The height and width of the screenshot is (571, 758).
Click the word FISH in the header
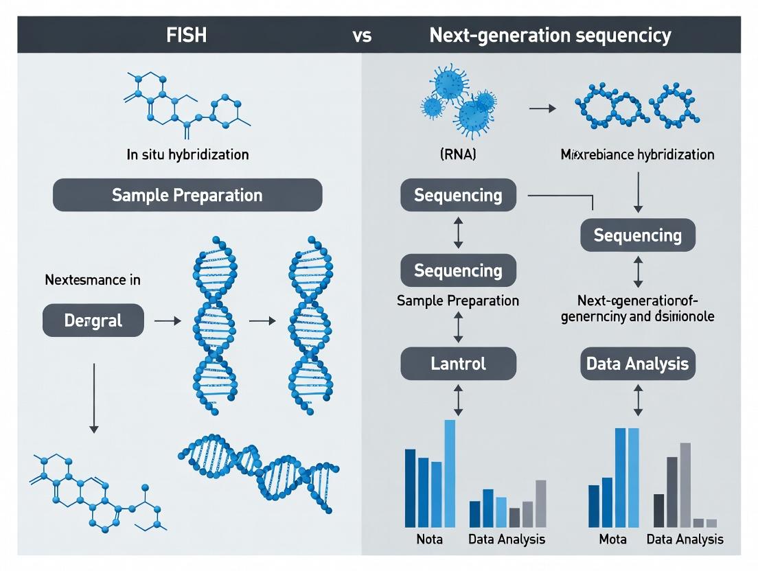[187, 35]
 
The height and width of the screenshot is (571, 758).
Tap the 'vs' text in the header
[362, 36]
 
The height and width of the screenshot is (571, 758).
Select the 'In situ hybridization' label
[187, 154]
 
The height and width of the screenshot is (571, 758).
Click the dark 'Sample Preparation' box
[187, 195]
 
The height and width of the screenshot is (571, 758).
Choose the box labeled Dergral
[93, 321]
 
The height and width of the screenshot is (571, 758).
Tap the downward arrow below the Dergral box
[94, 398]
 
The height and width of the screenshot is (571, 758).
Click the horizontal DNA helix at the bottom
[259, 474]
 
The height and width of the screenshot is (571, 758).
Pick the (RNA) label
[457, 154]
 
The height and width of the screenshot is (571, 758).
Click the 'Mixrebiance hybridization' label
[638, 154]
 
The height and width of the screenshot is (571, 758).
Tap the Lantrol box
[459, 363]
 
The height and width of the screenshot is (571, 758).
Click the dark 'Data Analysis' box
[638, 363]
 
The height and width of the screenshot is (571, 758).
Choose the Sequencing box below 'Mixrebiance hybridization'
[638, 235]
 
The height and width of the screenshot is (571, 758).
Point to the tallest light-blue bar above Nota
[450, 474]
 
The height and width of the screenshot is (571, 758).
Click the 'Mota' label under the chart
[612, 539]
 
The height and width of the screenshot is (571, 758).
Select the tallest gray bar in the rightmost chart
[685, 485]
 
